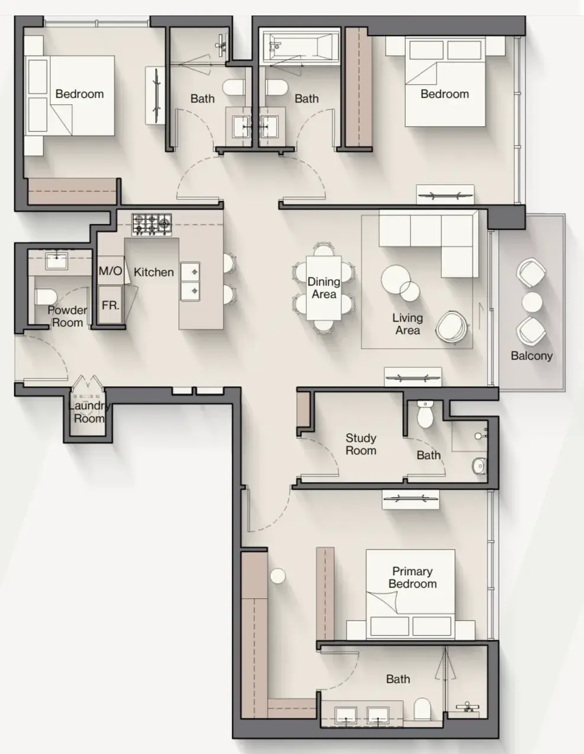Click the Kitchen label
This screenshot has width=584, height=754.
pos(154,272)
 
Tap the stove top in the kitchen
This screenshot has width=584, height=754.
pos(152,224)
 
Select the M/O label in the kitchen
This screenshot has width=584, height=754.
pos(110,271)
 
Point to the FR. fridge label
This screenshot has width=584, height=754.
pos(110,306)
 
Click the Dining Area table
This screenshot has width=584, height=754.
pos(324,288)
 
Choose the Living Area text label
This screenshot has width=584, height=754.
pos(407,324)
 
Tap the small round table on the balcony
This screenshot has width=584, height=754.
pos(532,302)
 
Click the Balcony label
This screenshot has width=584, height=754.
pos(532,355)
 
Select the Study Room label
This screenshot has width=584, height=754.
pos(361,444)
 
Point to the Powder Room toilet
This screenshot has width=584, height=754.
pos(46,297)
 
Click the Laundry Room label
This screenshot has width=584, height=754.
pos(89,412)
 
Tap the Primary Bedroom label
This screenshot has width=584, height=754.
pos(413,577)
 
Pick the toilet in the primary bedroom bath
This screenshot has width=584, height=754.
pos(422,709)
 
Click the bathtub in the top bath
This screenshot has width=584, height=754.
pos(301,46)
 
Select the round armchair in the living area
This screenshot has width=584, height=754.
pos(452,327)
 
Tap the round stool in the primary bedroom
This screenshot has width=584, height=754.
pos(278,576)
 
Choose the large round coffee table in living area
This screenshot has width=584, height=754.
pos(396,280)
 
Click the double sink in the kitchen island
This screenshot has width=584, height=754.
pos(190,281)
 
